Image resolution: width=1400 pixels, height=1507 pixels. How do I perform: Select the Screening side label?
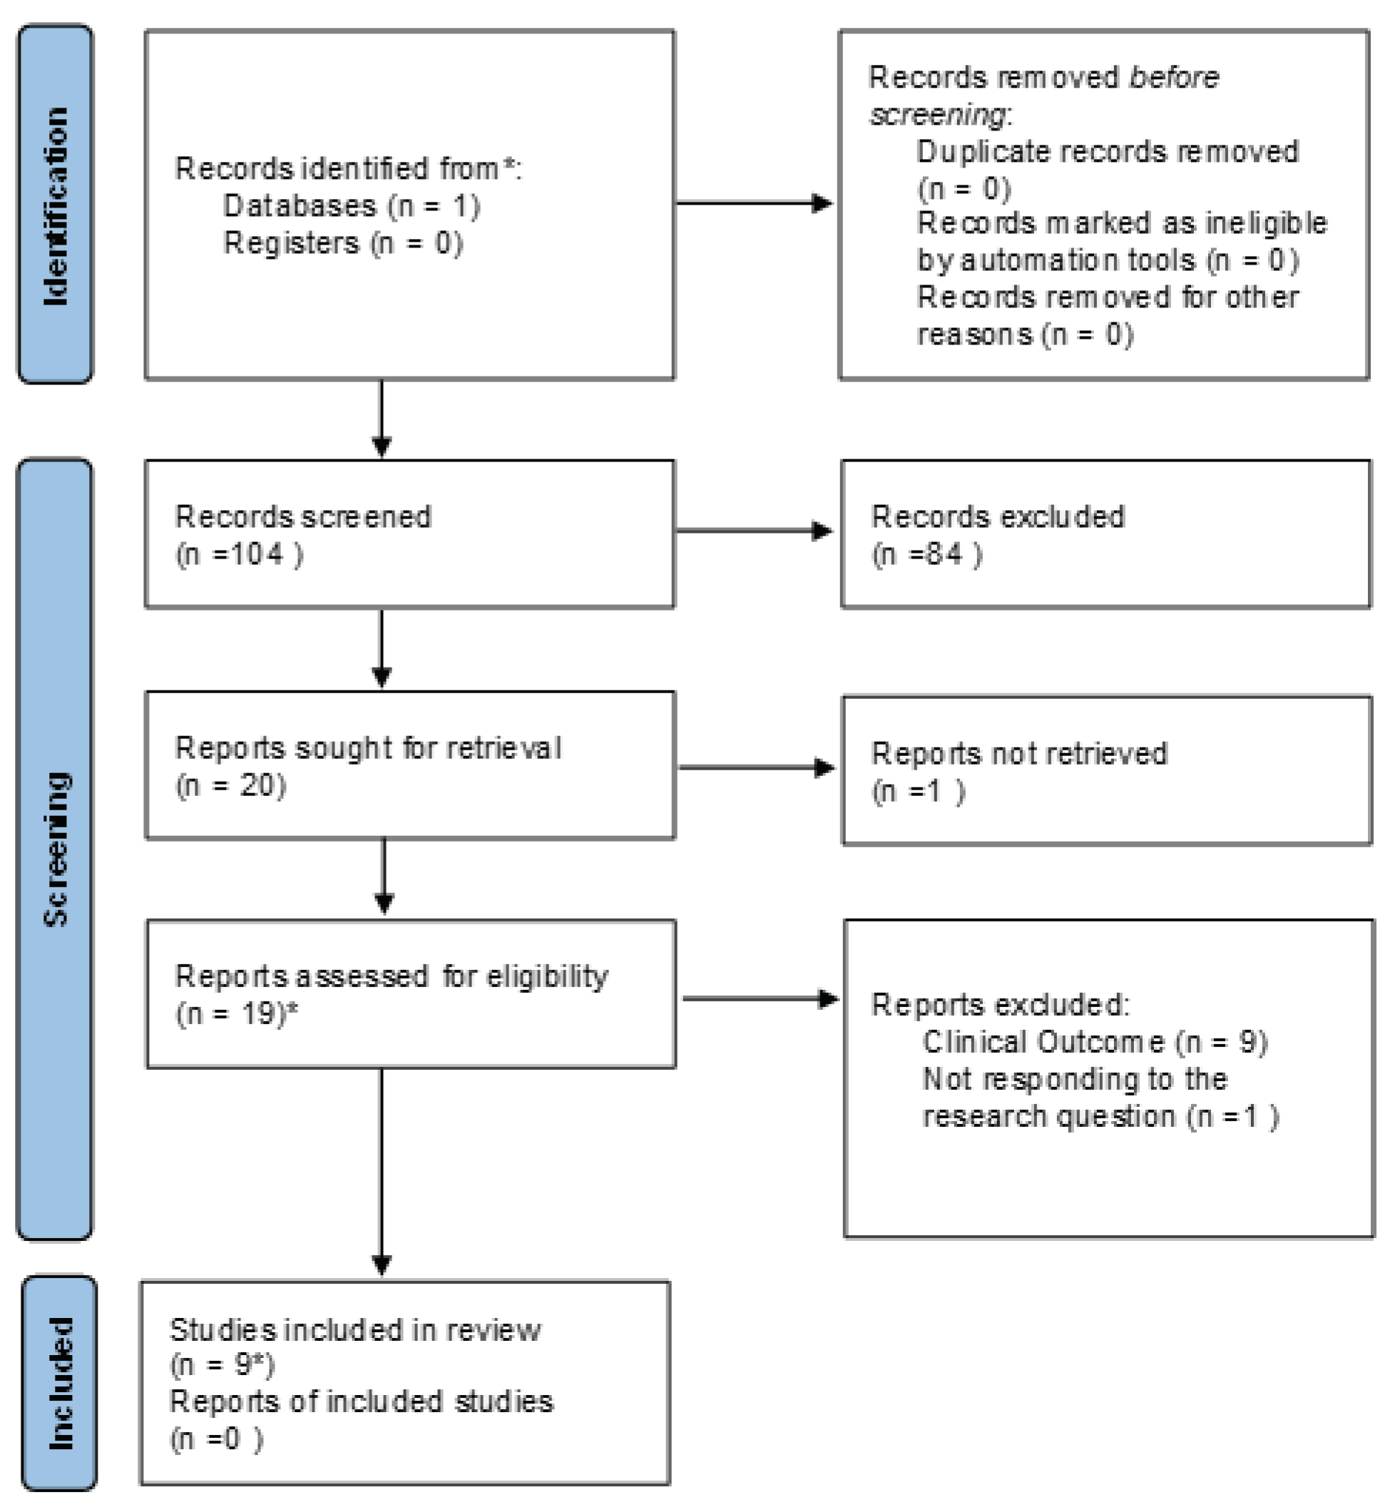tap(56, 849)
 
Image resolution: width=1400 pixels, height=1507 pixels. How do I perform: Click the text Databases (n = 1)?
tap(352, 206)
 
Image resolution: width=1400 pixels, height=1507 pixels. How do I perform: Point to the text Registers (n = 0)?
tap(342, 243)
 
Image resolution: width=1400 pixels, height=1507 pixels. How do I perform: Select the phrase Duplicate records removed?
tap(1108, 151)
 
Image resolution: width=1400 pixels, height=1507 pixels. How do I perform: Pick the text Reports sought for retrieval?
tap(368, 748)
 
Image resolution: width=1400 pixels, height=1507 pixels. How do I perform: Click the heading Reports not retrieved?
tap(1019, 753)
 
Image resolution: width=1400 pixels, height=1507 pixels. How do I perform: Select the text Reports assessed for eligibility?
tap(391, 976)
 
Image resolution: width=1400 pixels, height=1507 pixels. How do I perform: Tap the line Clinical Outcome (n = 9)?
tap(1095, 1042)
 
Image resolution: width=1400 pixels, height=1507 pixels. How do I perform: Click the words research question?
tap(1049, 1116)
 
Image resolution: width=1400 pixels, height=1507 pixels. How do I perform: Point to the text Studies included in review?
tap(355, 1329)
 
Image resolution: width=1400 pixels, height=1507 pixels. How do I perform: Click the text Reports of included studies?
tap(362, 1401)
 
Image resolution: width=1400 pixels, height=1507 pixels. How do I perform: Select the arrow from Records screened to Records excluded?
tap(754, 531)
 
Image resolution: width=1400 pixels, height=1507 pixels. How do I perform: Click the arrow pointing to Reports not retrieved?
tap(756, 767)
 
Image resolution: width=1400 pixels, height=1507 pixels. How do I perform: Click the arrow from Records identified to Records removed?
tap(754, 203)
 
